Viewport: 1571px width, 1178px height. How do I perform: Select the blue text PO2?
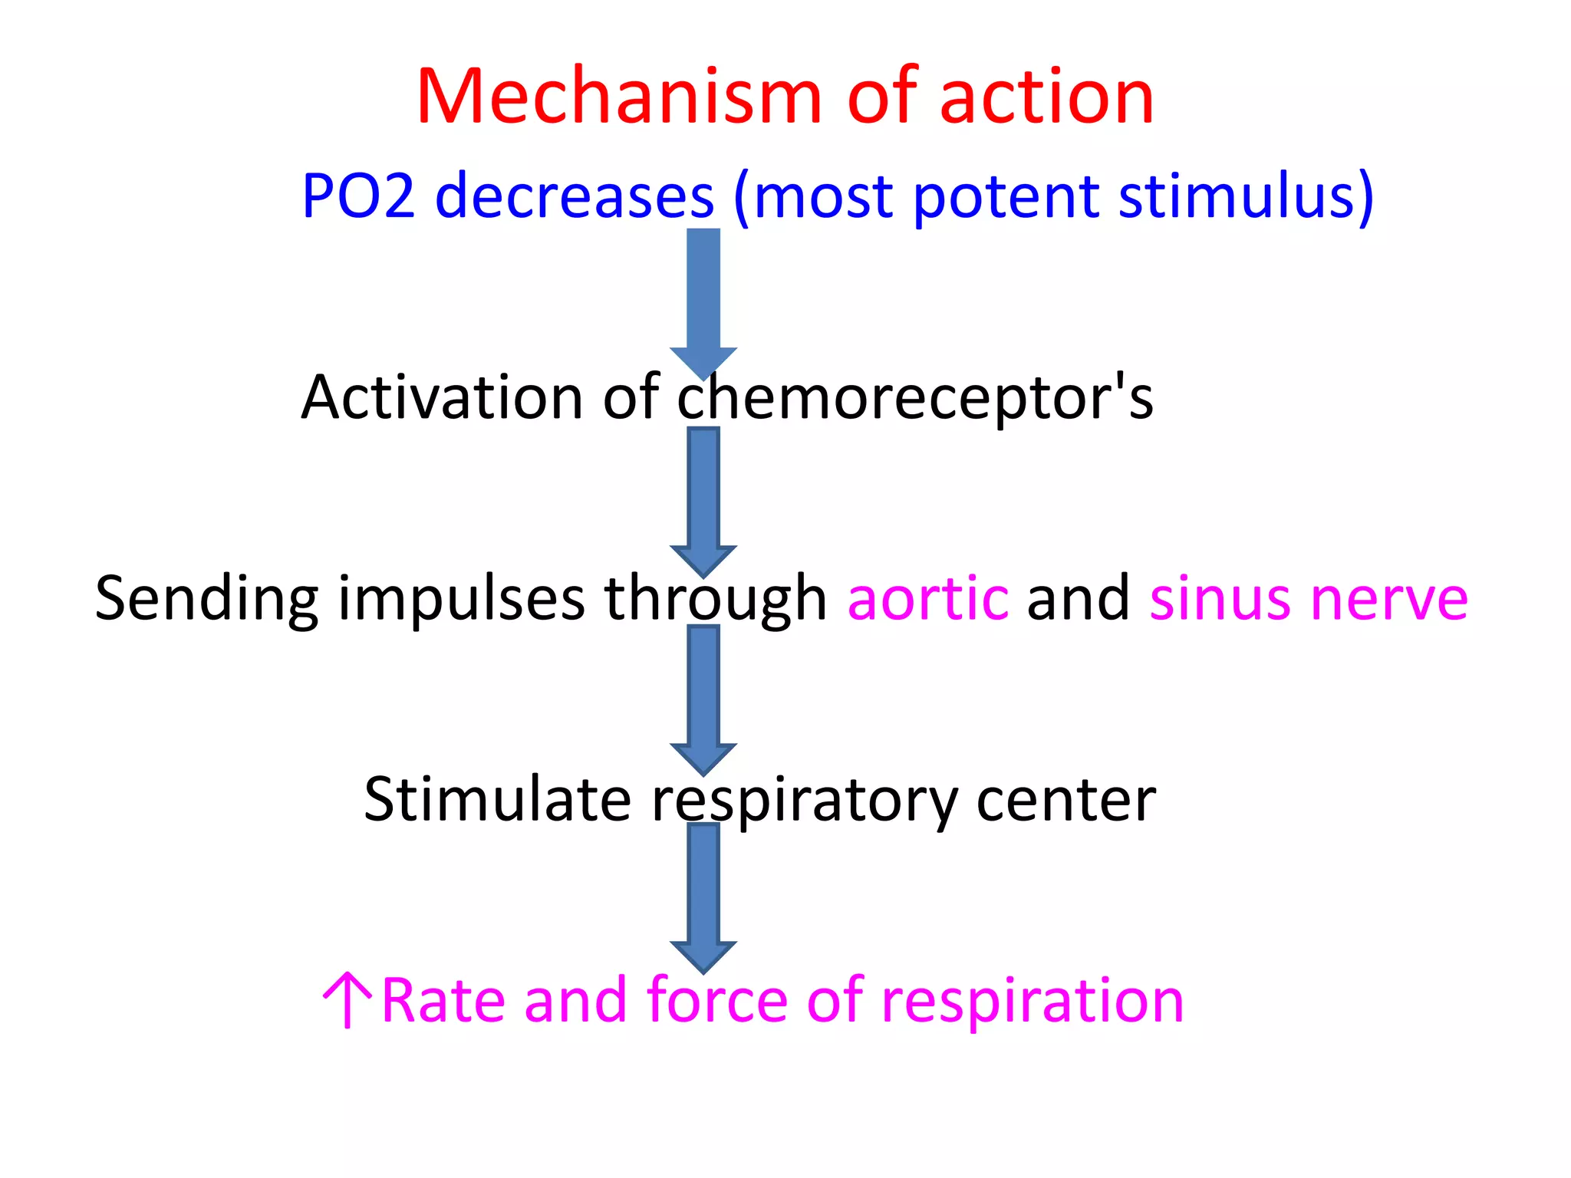point(358,196)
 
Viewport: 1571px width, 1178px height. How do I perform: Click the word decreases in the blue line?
point(575,196)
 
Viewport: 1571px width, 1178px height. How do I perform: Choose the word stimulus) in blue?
point(1246,196)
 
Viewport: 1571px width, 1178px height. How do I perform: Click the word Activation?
point(442,397)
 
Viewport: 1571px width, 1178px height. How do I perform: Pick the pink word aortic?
point(927,598)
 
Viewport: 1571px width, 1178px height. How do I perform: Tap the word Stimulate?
point(497,799)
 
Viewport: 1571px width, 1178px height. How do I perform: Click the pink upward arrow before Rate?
point(347,999)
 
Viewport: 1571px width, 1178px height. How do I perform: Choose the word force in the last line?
point(716,1000)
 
